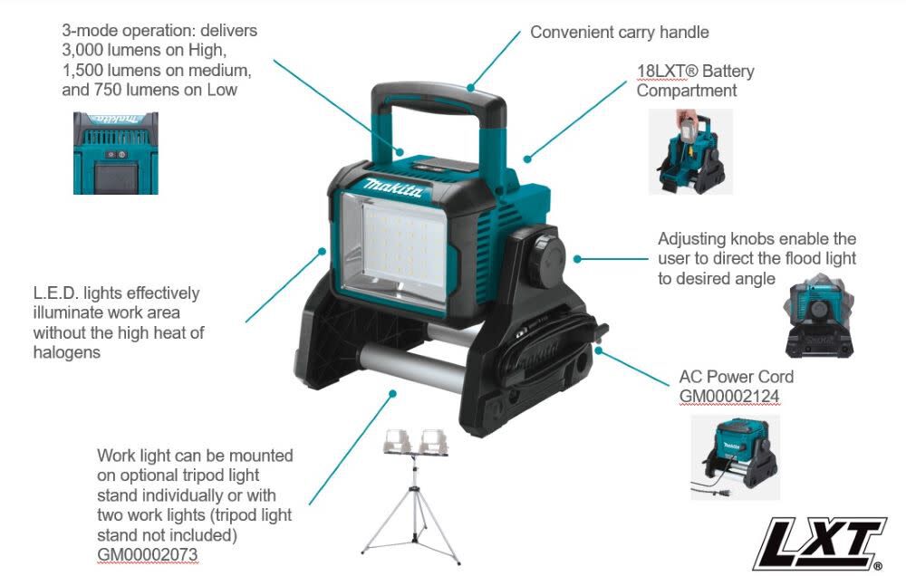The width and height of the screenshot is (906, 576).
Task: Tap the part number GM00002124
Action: (729, 396)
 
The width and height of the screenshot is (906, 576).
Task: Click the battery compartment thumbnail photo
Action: (690, 151)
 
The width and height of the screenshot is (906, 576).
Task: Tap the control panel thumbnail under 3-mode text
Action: (116, 153)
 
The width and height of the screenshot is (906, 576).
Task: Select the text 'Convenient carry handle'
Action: (619, 33)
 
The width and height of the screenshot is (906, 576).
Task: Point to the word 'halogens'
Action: (67, 352)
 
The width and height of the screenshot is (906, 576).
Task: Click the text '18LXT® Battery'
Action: (695, 72)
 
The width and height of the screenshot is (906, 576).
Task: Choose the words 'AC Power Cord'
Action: (736, 377)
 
